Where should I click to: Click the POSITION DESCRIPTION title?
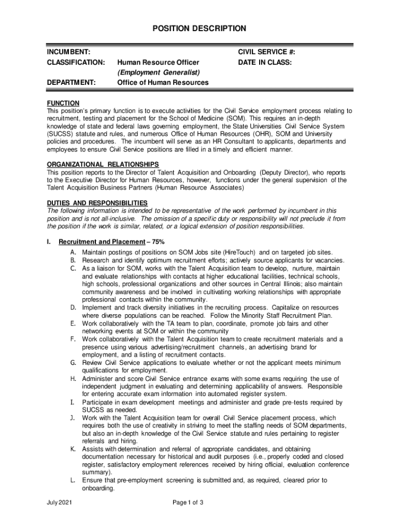(x=199, y=28)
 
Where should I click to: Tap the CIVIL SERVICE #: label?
(x=266, y=52)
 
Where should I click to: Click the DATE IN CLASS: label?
(x=265, y=63)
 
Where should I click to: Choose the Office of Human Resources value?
(x=163, y=83)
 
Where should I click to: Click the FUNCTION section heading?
(x=63, y=104)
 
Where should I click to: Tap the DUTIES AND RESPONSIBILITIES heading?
(x=97, y=202)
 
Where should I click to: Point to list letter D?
(x=74, y=307)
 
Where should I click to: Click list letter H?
(x=74, y=379)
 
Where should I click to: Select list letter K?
(x=74, y=449)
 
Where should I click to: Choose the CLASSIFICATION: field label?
(x=76, y=63)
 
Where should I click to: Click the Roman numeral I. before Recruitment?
(x=49, y=242)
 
